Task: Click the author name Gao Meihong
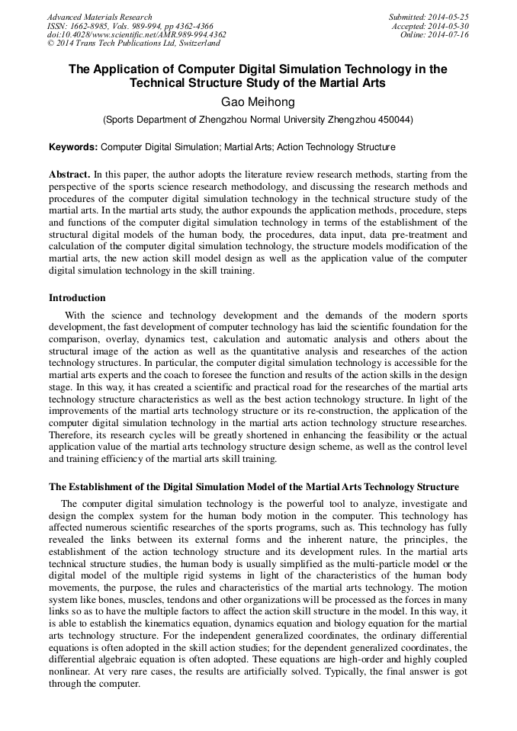[x=258, y=101]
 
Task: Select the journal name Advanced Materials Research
[x=100, y=17]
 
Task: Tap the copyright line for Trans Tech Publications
[x=133, y=44]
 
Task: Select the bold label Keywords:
[x=73, y=146]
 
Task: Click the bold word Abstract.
[x=70, y=175]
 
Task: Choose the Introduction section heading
[x=77, y=298]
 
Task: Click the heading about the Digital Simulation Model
[x=254, y=486]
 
